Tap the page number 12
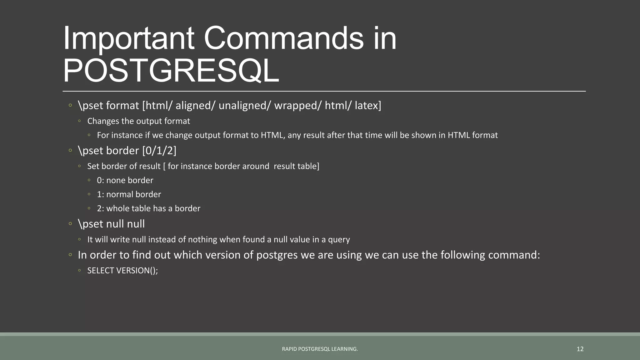[580, 349]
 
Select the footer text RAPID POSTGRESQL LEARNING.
[320, 349]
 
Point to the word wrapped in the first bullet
[297, 106]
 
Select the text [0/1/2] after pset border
[159, 151]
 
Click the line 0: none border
[125, 180]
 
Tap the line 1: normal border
[129, 194]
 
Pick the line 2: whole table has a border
[148, 208]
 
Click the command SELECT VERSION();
[122, 271]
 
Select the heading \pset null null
[111, 224]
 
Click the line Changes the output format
[138, 121]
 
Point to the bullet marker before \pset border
[70, 151]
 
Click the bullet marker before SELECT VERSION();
[80, 271]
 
